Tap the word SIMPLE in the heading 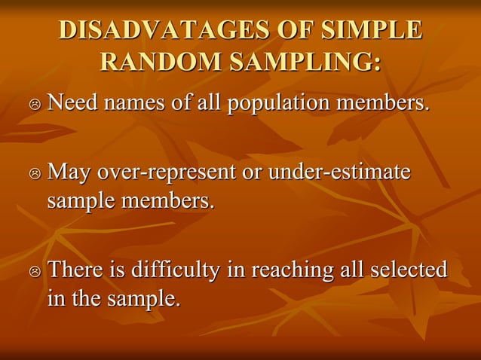(372, 31)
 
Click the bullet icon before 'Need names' (35, 103)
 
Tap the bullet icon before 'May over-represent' (35, 175)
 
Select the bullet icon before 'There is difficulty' (35, 271)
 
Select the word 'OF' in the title (295, 31)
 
